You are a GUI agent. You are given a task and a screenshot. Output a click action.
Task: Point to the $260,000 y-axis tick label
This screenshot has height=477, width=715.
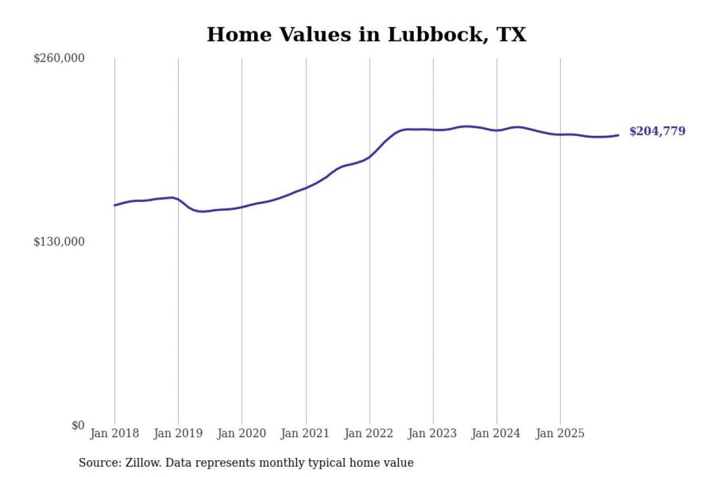click(59, 58)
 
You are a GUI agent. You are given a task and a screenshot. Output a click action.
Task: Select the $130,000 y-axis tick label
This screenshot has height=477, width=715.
click(59, 242)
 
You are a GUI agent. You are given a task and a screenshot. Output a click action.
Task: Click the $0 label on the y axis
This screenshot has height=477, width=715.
click(78, 425)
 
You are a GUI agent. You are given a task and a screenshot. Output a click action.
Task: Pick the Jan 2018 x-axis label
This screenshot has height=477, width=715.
click(115, 433)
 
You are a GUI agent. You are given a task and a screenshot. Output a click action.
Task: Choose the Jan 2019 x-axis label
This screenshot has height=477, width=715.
click(178, 433)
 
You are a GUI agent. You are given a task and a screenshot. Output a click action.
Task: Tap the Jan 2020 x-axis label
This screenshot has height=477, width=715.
click(242, 433)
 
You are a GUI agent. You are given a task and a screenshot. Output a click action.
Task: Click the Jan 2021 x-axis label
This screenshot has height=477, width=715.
click(306, 433)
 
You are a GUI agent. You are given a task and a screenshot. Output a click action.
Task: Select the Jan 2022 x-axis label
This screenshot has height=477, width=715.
click(369, 433)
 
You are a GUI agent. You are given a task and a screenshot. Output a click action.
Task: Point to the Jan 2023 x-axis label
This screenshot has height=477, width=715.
click(433, 433)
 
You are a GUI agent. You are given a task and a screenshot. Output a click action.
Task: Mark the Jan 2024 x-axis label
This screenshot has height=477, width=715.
click(497, 433)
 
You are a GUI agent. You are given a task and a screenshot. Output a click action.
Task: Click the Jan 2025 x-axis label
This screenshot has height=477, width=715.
click(560, 433)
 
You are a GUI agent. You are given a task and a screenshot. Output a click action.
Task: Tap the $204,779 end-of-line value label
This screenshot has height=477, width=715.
click(657, 131)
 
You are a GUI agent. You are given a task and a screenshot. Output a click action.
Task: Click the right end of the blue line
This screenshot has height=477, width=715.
click(618, 135)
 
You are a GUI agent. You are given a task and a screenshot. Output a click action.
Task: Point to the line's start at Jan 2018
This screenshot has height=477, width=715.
click(115, 205)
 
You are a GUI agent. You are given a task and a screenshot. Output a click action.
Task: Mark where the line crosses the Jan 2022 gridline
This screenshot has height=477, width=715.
click(369, 157)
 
